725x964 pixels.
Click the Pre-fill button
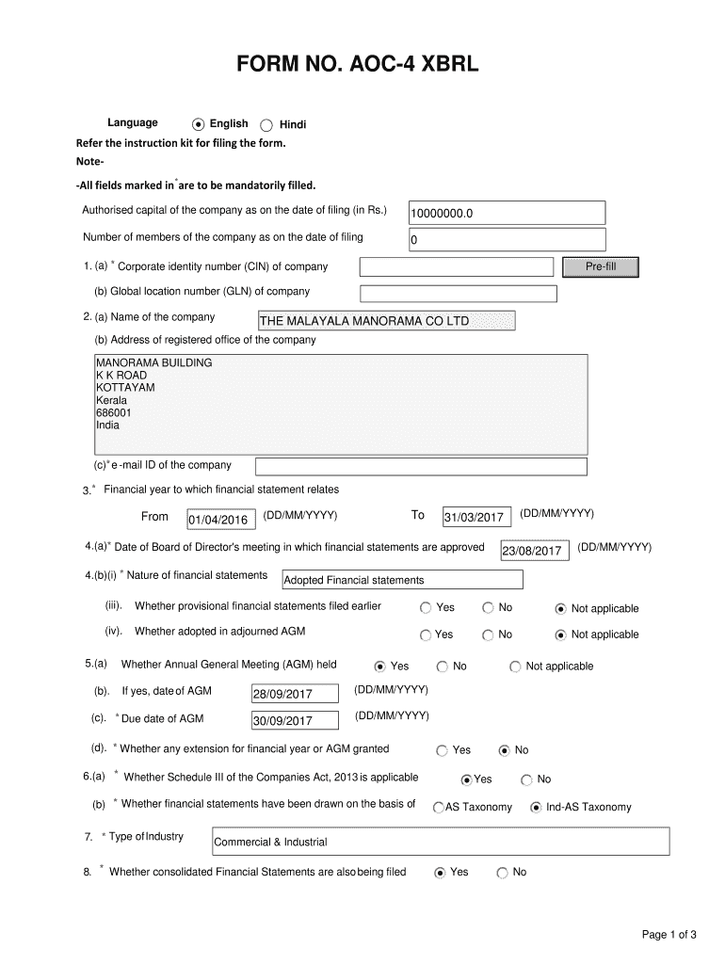point(600,267)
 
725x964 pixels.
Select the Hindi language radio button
point(266,125)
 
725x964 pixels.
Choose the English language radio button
point(198,124)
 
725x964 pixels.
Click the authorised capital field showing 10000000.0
point(506,213)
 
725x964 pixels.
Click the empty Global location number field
point(458,293)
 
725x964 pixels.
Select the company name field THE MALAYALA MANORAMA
point(386,321)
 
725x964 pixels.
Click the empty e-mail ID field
point(421,467)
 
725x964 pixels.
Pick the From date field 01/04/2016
point(217,520)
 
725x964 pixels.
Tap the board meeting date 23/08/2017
point(534,551)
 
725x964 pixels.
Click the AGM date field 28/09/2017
point(294,695)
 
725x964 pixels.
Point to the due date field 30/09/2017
point(294,721)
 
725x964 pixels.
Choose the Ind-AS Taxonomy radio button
point(536,807)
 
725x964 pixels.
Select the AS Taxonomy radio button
point(439,808)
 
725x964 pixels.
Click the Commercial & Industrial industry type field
point(440,842)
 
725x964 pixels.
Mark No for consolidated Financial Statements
point(502,873)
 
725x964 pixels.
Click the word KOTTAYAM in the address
point(125,387)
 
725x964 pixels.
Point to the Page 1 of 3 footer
point(669,935)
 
